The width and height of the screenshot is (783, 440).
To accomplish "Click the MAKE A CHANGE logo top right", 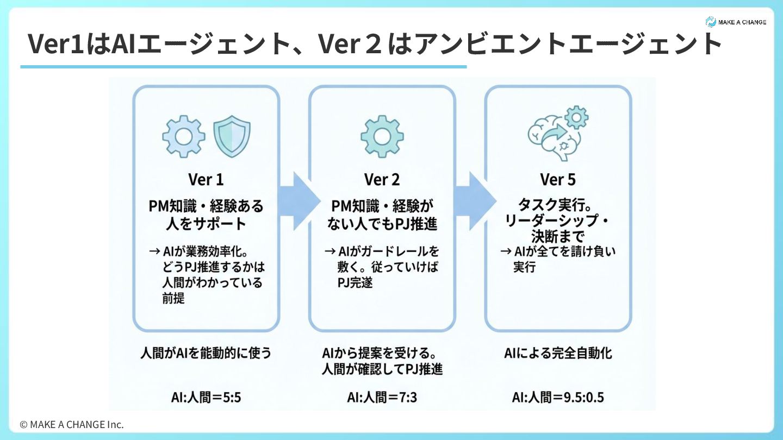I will click(x=736, y=22).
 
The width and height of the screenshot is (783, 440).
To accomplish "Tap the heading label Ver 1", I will click(x=206, y=179).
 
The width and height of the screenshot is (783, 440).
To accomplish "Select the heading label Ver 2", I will click(x=382, y=179).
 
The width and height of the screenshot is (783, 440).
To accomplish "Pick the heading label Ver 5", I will click(x=558, y=179).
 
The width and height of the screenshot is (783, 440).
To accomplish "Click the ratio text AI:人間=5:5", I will click(x=206, y=398).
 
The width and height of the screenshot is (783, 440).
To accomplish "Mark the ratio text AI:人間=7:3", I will click(x=382, y=398).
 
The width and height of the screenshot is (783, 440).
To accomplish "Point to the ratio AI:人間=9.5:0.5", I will click(x=558, y=398).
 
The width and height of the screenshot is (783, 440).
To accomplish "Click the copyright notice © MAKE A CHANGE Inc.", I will click(x=72, y=424).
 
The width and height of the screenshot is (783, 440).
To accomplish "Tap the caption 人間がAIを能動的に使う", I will click(x=206, y=354).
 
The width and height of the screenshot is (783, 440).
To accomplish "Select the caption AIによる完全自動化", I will click(x=558, y=354).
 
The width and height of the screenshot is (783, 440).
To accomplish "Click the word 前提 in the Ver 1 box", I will click(x=173, y=298).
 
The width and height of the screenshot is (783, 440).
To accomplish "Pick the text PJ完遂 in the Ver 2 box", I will click(x=355, y=282).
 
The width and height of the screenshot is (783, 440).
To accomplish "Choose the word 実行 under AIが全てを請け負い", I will click(x=525, y=267).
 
